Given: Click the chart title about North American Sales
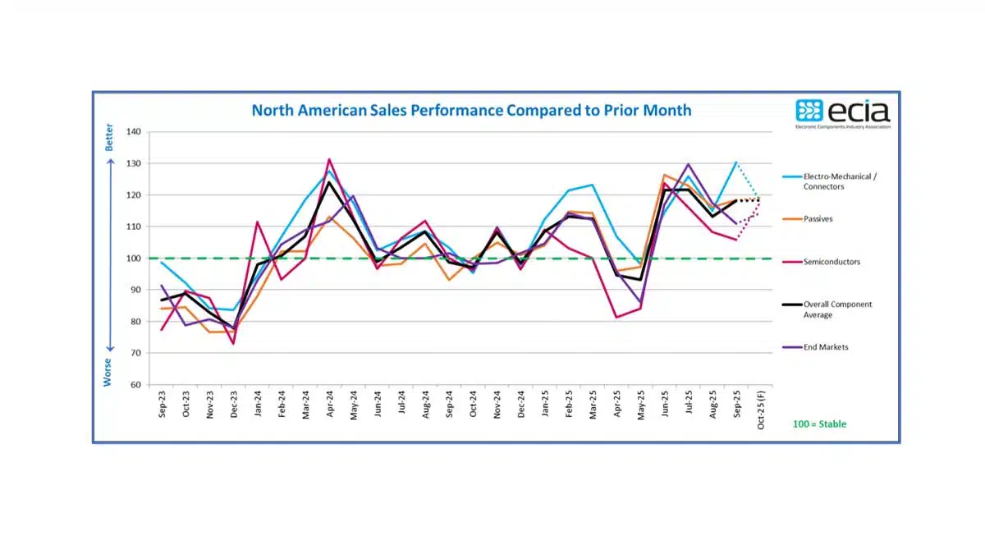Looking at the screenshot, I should (x=471, y=110).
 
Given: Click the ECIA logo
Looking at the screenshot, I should (x=842, y=113).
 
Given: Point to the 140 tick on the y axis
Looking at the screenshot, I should (x=134, y=131).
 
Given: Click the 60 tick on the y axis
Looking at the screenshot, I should (x=136, y=385).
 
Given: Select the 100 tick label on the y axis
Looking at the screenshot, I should (x=134, y=259).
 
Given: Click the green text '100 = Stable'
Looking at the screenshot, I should (x=818, y=424).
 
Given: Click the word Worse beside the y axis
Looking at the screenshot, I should (x=108, y=371).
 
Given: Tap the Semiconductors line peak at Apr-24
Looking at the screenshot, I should (x=329, y=159).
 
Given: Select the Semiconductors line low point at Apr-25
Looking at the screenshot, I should (x=616, y=317).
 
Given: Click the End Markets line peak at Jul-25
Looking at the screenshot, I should (x=688, y=164).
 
